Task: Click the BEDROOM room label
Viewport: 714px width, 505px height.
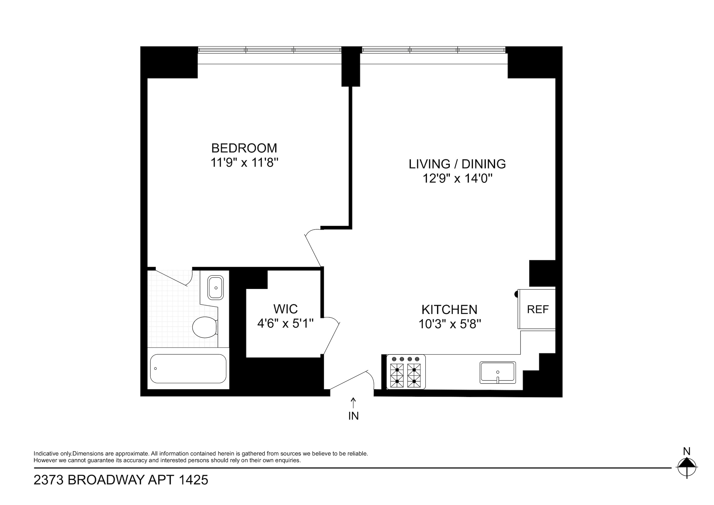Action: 244,148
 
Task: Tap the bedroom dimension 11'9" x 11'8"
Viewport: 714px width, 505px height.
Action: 244,163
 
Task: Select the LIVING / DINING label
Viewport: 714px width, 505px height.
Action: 457,164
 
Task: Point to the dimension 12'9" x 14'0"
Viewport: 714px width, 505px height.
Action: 457,179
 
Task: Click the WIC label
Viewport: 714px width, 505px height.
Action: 286,309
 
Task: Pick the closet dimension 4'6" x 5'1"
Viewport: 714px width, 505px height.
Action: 286,324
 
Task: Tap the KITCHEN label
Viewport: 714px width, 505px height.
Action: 449,310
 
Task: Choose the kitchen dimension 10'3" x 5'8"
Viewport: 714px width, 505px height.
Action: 450,325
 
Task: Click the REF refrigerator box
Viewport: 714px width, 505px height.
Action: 538,309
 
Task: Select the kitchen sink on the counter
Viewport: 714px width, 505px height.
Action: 497,373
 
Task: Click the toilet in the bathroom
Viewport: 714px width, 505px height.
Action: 205,327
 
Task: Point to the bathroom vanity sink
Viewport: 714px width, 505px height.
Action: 215,287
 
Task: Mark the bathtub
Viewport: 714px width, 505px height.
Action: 188,368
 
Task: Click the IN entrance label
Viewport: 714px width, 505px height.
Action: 353,416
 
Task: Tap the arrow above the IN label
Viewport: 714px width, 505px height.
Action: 353,403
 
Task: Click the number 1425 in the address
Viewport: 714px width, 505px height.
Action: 193,480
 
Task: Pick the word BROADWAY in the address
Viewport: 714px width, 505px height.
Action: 106,480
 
